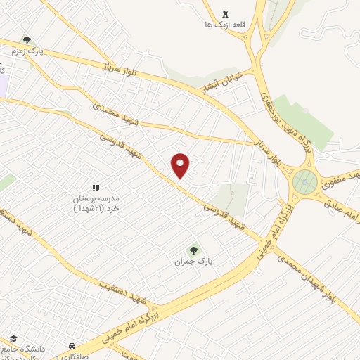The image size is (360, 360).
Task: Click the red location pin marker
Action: [181, 165]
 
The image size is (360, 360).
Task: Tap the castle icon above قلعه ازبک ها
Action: [225, 15]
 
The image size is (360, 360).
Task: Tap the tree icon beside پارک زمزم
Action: [27, 41]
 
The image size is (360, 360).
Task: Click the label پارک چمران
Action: [193, 262]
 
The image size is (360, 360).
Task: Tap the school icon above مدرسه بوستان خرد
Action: [97, 187]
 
